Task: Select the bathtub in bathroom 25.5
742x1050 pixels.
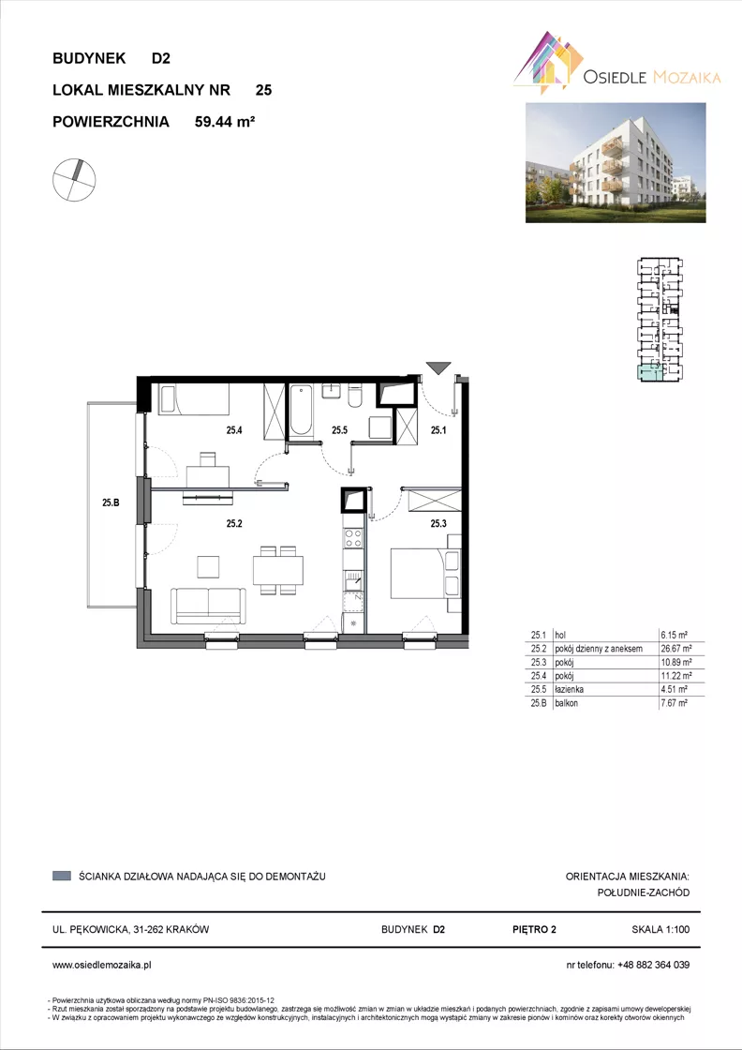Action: [x=301, y=410]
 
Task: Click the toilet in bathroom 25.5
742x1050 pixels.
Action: [x=355, y=395]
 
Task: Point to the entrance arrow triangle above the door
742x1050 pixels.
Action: [x=438, y=367]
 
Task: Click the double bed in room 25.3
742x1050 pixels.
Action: [x=426, y=573]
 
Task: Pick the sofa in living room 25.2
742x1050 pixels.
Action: [x=208, y=606]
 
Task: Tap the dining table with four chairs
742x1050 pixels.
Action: [x=277, y=571]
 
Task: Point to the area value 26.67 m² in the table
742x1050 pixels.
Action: [x=675, y=648]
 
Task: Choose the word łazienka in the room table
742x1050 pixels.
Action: [x=568, y=690]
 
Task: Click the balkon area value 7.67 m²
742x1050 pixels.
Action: [x=674, y=703]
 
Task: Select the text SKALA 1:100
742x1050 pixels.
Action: [x=660, y=929]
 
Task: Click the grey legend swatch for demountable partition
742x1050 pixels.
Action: [x=62, y=876]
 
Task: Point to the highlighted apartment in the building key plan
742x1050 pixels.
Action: [x=648, y=373]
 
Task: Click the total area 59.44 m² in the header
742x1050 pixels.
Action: [x=226, y=122]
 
